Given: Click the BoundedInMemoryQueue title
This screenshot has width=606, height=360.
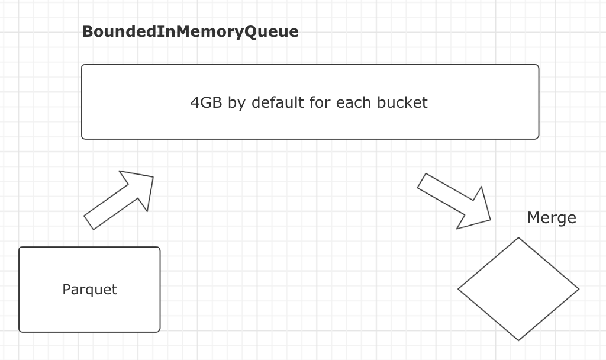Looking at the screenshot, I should [190, 32].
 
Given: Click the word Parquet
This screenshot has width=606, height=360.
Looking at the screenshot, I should [89, 290].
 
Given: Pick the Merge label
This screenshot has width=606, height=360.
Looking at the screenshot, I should [551, 218].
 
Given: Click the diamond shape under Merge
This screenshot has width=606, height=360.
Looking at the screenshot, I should [518, 289].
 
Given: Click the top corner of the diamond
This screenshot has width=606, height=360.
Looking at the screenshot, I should [518, 238].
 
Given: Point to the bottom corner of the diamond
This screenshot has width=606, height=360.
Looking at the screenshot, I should [518, 340].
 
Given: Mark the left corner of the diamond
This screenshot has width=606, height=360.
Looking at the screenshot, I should [459, 289].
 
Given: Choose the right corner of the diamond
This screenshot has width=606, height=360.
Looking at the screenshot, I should [578, 289].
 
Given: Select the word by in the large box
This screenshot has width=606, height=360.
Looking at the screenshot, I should [237, 102].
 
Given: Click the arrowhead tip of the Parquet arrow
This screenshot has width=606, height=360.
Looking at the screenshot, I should [153, 176].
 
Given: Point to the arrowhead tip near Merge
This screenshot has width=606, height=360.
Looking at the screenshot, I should [491, 220].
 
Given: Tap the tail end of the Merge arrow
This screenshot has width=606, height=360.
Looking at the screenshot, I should [422, 181].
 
